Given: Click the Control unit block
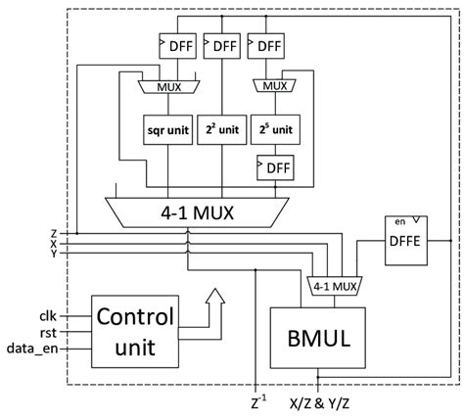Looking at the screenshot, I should (136, 330).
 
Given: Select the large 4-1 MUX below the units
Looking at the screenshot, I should (216, 209).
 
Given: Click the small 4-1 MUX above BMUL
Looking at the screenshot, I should (334, 287).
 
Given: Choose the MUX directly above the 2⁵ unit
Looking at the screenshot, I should (275, 86).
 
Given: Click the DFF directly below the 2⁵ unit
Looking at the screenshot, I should (275, 166).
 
